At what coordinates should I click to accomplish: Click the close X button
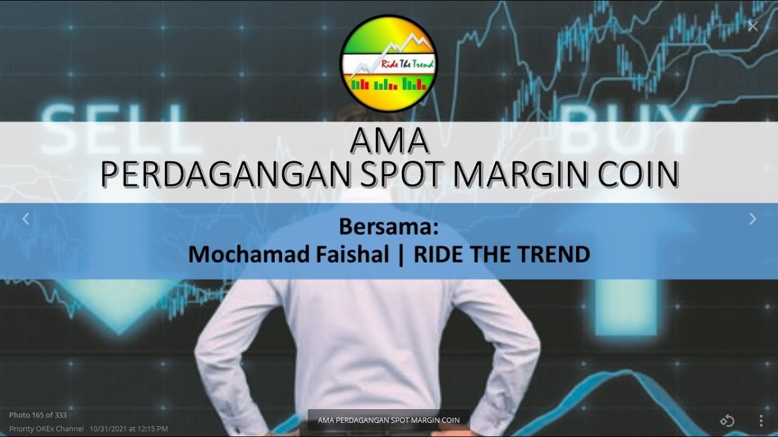752,26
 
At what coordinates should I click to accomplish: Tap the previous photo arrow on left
26,219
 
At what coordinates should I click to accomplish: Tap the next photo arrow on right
752,219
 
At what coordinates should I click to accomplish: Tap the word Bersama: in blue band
388,228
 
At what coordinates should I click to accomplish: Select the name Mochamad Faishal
288,254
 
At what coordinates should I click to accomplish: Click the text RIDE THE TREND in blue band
501,254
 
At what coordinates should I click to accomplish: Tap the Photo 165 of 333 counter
38,415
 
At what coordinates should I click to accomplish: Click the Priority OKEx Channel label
46,429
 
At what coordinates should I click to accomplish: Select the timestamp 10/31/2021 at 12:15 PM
128,429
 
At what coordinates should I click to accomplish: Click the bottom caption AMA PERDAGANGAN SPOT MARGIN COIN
388,420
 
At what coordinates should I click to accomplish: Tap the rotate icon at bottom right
727,421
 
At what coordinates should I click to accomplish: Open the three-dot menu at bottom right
761,421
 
